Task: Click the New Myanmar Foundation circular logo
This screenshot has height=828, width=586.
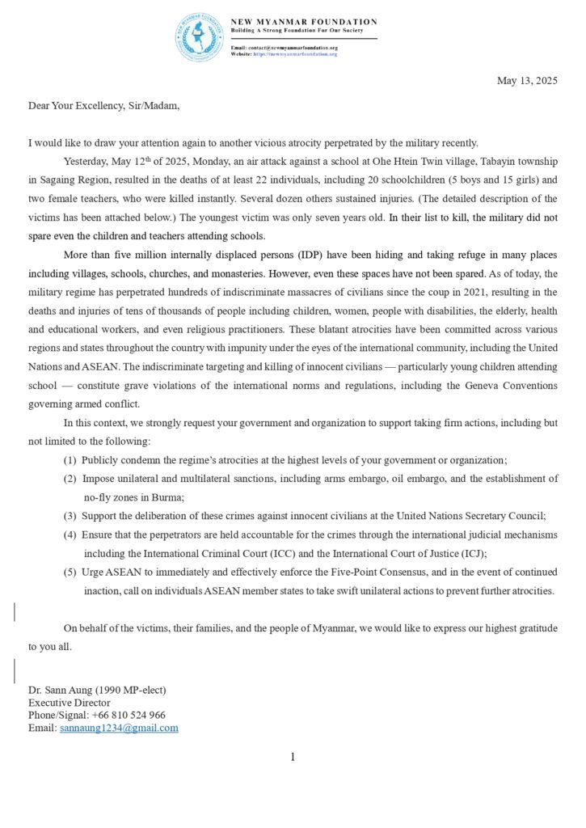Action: (198, 37)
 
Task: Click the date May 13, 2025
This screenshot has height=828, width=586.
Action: (527, 81)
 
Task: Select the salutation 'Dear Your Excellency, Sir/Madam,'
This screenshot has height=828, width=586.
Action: (104, 106)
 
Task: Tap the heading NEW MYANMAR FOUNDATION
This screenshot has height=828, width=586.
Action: (304, 22)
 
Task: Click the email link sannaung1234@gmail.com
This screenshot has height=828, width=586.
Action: (119, 728)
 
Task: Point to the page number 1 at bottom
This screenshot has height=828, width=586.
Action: (293, 757)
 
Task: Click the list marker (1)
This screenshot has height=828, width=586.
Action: (70, 460)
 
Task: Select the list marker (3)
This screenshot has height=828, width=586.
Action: (70, 516)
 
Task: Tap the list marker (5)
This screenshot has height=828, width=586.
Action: (70, 572)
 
